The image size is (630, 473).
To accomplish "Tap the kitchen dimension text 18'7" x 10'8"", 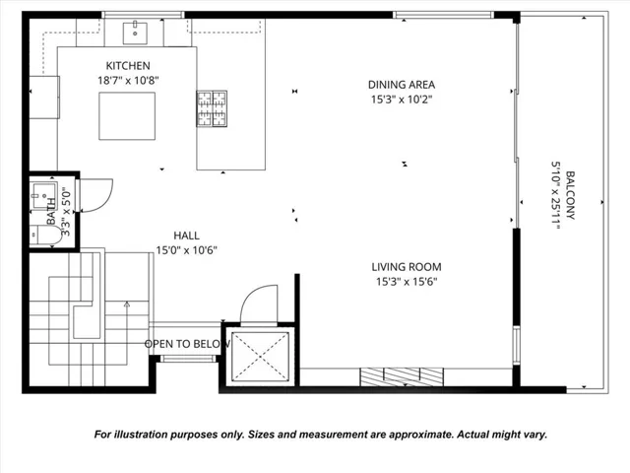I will pos(127,80).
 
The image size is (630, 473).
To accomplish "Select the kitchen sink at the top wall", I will pos(136,32).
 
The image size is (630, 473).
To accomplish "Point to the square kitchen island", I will pos(124,115).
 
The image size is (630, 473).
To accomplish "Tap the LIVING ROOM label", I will pos(406,266).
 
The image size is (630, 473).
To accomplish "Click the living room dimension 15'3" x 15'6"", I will pos(406,281).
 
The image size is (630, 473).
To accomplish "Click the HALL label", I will pos(186,236).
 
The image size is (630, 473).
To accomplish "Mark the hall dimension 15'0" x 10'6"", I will pos(186,250).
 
